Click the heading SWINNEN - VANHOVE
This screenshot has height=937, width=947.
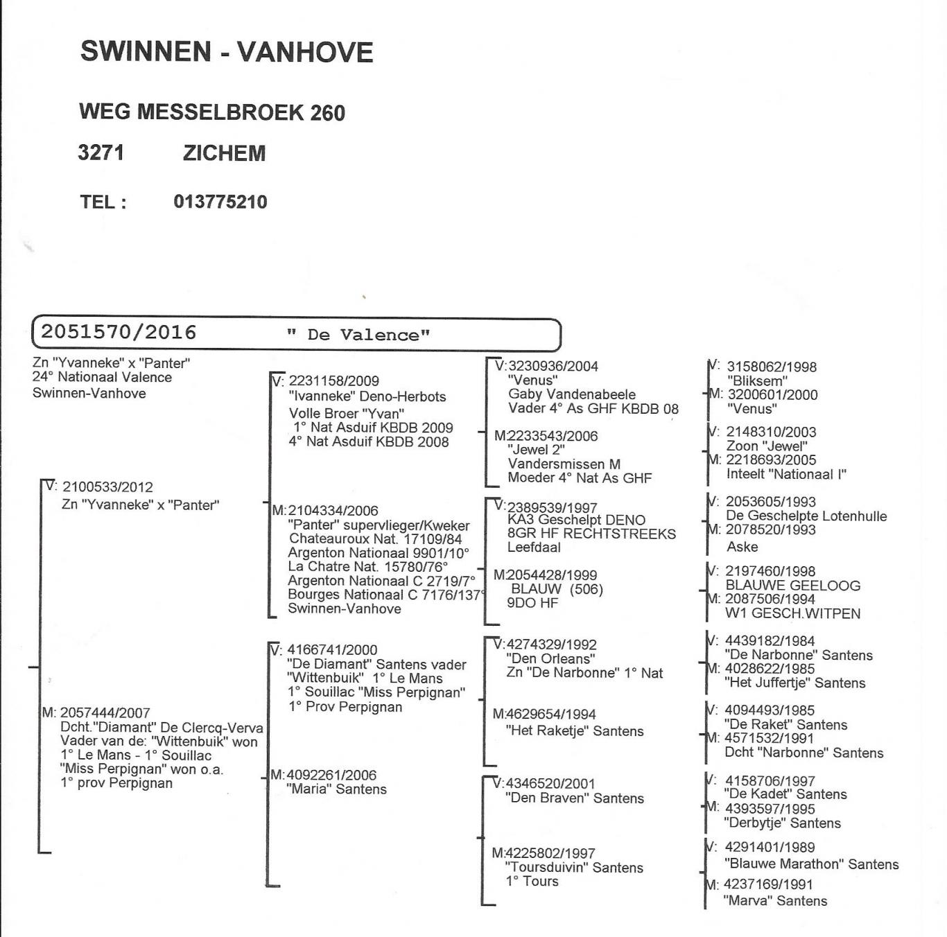click(x=227, y=52)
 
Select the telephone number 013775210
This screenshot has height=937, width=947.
click(x=220, y=202)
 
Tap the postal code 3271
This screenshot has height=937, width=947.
click(x=101, y=152)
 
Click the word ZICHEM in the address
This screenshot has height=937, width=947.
click(x=224, y=153)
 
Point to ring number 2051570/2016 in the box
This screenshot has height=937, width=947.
click(x=119, y=333)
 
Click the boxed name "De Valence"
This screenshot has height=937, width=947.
click(x=358, y=335)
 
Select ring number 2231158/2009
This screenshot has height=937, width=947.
click(x=333, y=380)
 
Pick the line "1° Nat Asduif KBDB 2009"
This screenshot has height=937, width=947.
click(x=373, y=428)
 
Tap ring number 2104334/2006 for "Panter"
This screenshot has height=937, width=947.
click(x=333, y=511)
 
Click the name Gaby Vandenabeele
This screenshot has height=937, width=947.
click(x=571, y=394)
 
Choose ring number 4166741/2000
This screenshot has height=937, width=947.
click(x=332, y=650)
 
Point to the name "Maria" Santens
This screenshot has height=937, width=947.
click(x=337, y=789)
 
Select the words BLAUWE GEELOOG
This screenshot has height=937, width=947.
click(x=793, y=586)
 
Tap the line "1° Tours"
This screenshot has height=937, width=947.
click(x=532, y=882)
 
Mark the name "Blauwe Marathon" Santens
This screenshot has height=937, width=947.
click(x=811, y=864)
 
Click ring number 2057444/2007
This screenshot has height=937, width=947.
click(x=105, y=713)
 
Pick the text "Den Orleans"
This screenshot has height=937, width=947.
click(x=550, y=659)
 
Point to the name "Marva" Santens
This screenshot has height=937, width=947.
click(x=775, y=901)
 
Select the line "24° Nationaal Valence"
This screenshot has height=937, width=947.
click(x=102, y=378)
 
